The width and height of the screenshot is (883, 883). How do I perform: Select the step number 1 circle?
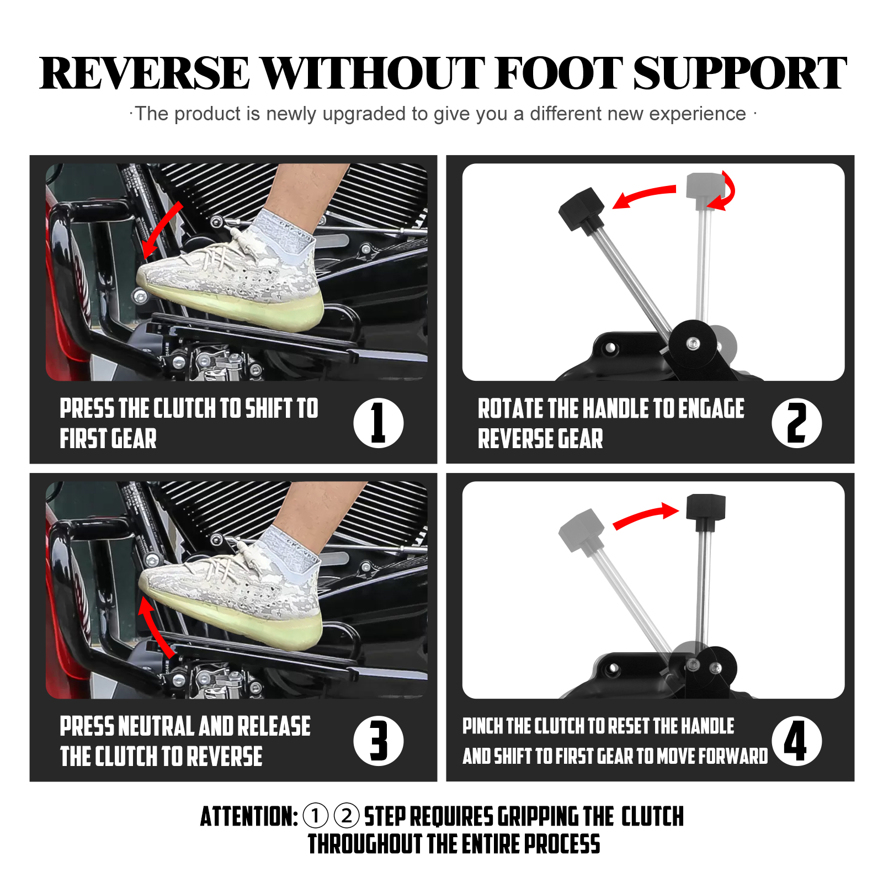[x=379, y=423]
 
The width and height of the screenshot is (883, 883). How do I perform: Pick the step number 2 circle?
[x=796, y=423]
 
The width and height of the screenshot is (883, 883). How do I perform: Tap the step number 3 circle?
[x=379, y=741]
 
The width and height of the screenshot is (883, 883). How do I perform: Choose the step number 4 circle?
[x=796, y=741]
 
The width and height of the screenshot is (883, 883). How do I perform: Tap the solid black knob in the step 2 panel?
[x=581, y=209]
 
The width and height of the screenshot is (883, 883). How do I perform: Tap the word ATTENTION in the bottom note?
[x=249, y=817]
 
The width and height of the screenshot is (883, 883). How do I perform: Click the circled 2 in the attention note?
[x=347, y=816]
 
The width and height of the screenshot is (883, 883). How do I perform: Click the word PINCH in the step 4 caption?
[x=482, y=726]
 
